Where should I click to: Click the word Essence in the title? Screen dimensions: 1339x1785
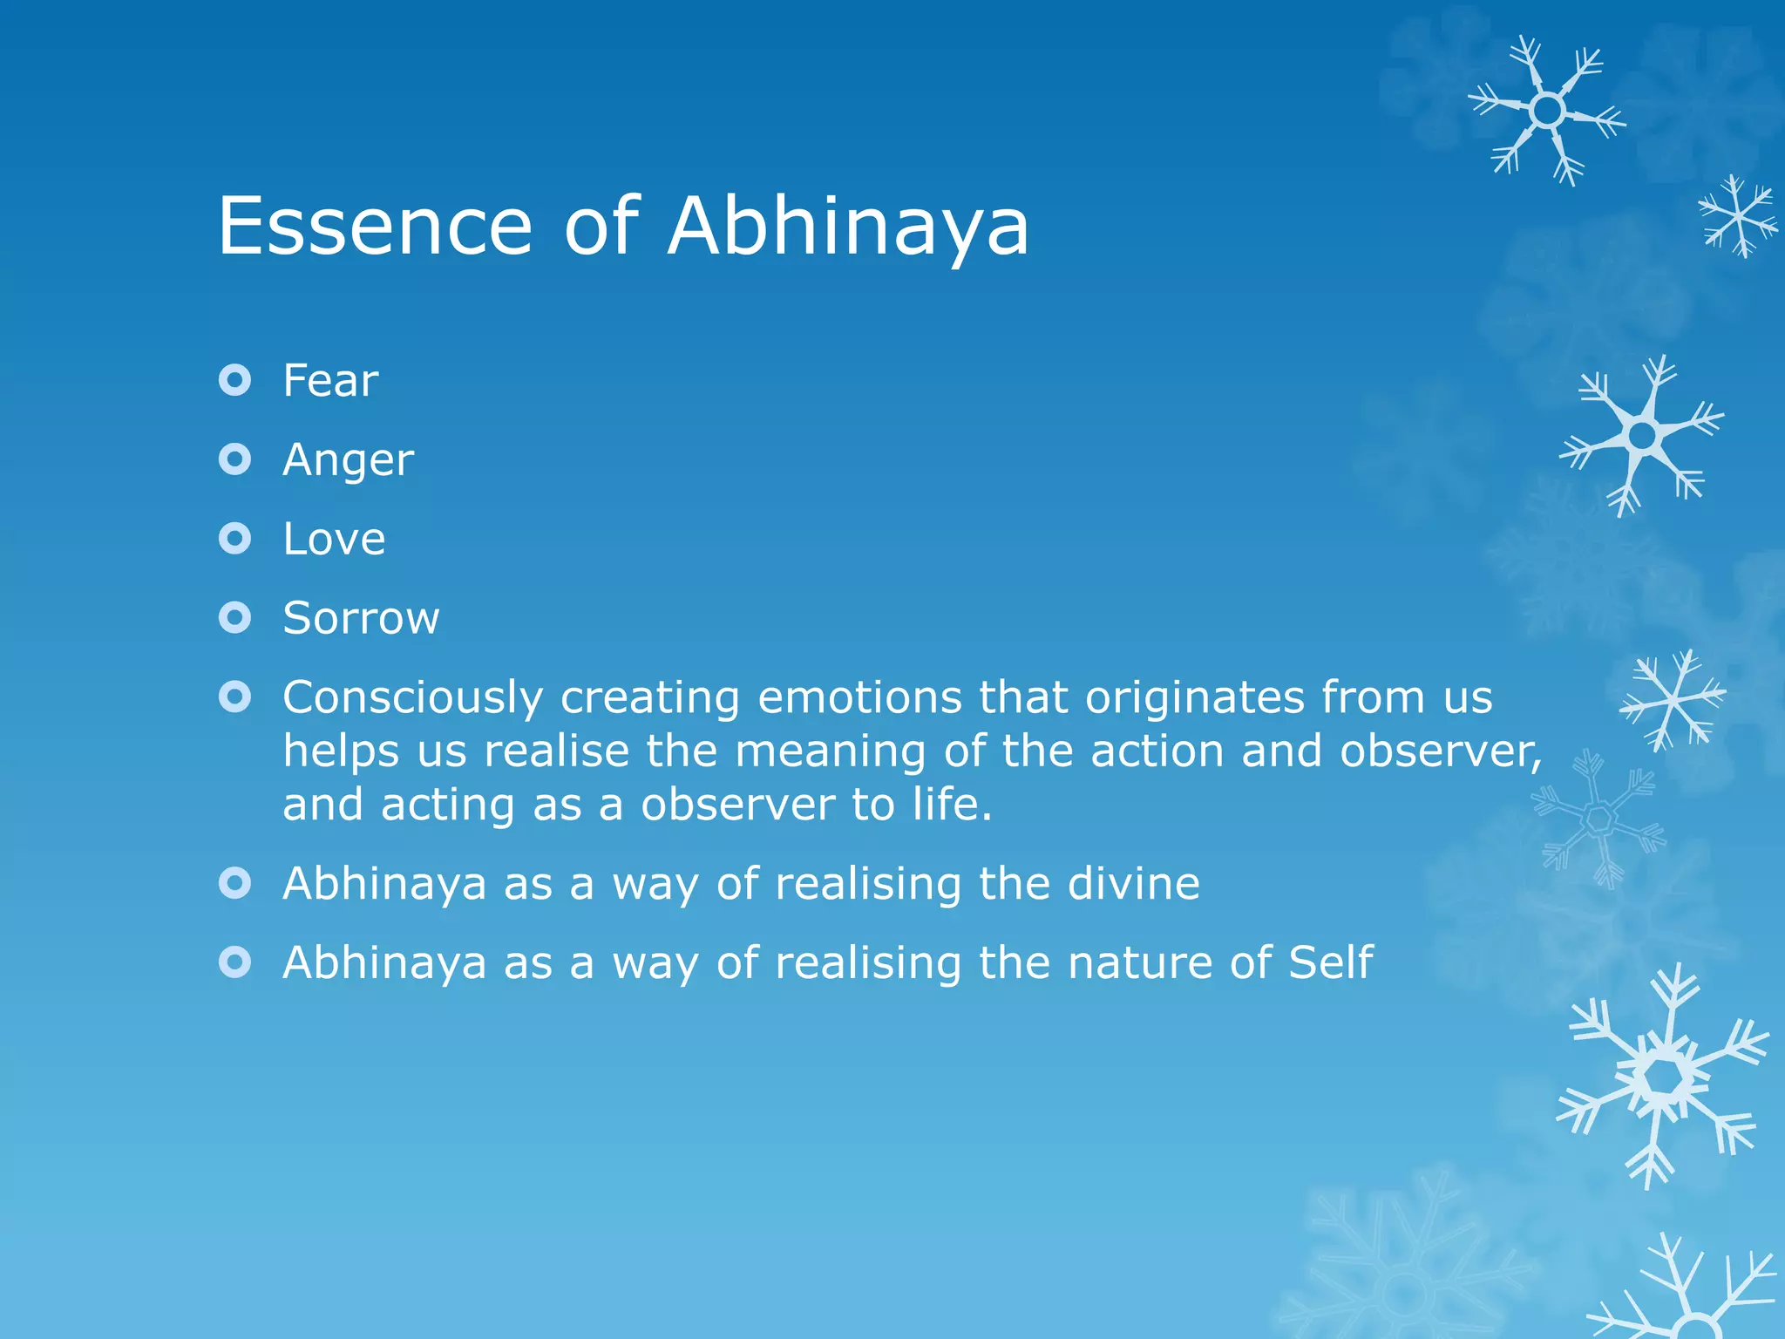375,227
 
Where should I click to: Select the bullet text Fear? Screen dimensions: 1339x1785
330,381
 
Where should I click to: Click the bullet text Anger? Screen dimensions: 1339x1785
348,460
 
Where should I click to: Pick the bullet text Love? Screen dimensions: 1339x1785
334,539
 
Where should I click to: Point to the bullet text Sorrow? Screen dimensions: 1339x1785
361,618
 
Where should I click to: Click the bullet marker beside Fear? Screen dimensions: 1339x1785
235,380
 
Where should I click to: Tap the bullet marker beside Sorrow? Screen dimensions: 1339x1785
235,618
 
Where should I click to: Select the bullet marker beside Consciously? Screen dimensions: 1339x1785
235,697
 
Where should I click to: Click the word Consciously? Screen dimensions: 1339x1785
413,698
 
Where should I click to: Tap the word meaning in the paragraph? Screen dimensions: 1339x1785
831,751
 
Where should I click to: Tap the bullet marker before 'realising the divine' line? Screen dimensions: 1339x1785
235,883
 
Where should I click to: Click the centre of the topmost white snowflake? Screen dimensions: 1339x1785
1547,111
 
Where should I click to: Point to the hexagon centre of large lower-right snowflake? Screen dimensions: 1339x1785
1663,1078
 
